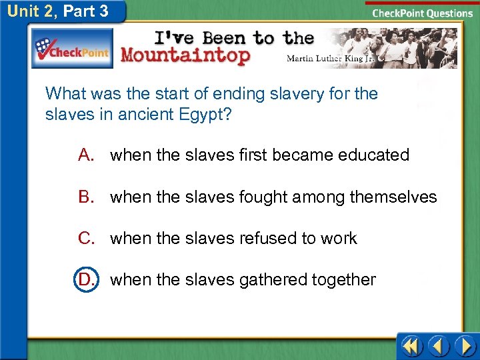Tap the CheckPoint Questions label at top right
pyautogui.click(x=422, y=13)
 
